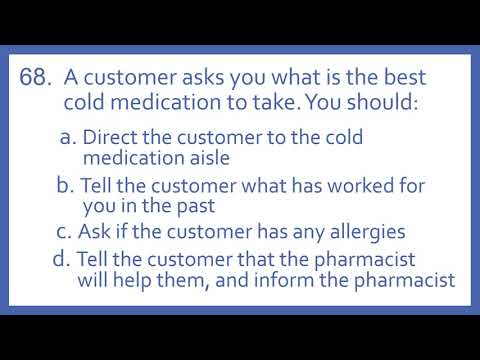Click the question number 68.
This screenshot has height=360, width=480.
click(x=36, y=79)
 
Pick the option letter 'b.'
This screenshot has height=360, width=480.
click(x=66, y=185)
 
